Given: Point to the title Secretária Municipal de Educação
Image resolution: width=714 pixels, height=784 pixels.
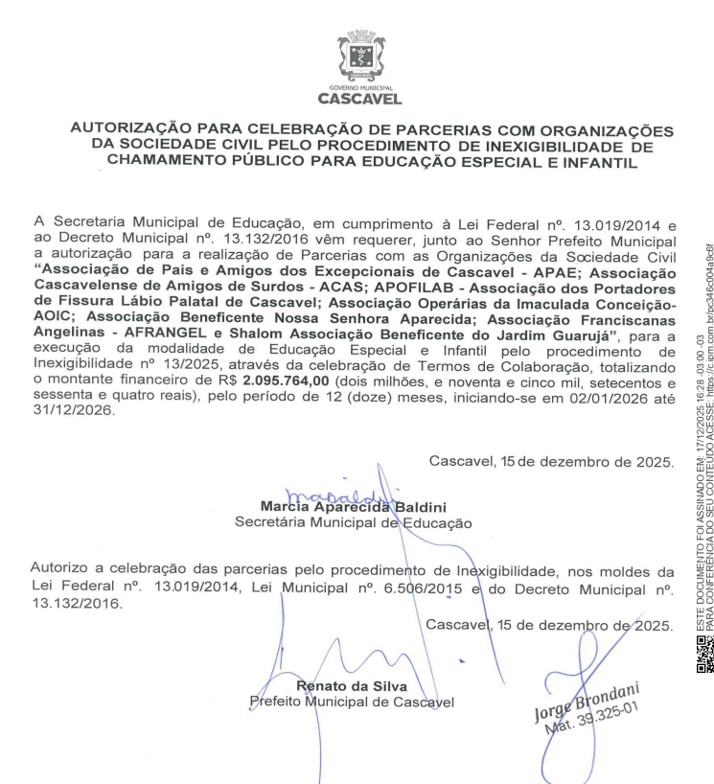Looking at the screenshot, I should (x=354, y=522).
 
